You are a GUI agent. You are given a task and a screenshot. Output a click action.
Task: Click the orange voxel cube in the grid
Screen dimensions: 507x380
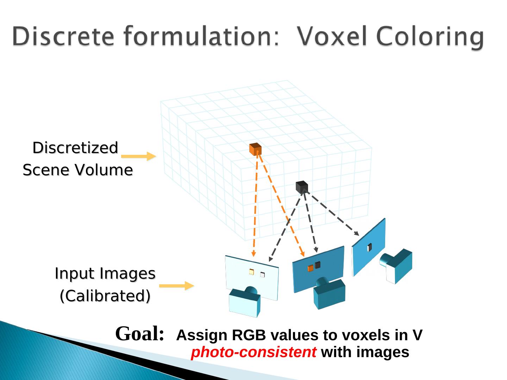255,149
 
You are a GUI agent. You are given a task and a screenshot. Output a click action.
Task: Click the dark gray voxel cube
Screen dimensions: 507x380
302,187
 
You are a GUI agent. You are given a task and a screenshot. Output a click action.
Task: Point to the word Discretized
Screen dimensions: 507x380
75,148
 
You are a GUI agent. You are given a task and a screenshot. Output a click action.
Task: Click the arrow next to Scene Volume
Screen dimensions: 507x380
138,156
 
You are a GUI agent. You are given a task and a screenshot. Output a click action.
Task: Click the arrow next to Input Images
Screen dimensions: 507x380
176,286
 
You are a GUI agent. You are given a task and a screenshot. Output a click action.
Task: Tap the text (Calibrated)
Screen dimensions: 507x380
105,296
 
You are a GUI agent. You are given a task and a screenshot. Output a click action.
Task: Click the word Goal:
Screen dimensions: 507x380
140,334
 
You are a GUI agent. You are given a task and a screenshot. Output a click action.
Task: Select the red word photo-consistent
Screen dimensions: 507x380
253,352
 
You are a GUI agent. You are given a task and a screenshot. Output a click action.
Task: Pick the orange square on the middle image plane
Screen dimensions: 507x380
310,268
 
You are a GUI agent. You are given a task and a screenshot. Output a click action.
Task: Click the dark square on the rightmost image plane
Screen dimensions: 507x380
369,248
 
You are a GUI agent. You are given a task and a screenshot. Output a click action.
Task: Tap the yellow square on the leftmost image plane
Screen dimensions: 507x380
251,272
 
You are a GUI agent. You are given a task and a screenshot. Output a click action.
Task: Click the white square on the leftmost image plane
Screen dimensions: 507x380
262,275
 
